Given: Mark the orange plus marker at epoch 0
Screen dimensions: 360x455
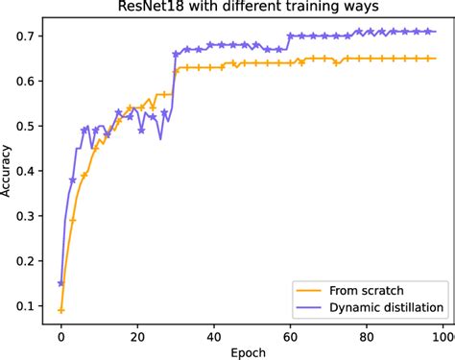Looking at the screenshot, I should [61, 310].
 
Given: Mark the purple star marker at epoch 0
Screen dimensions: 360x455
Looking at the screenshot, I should [61, 283].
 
